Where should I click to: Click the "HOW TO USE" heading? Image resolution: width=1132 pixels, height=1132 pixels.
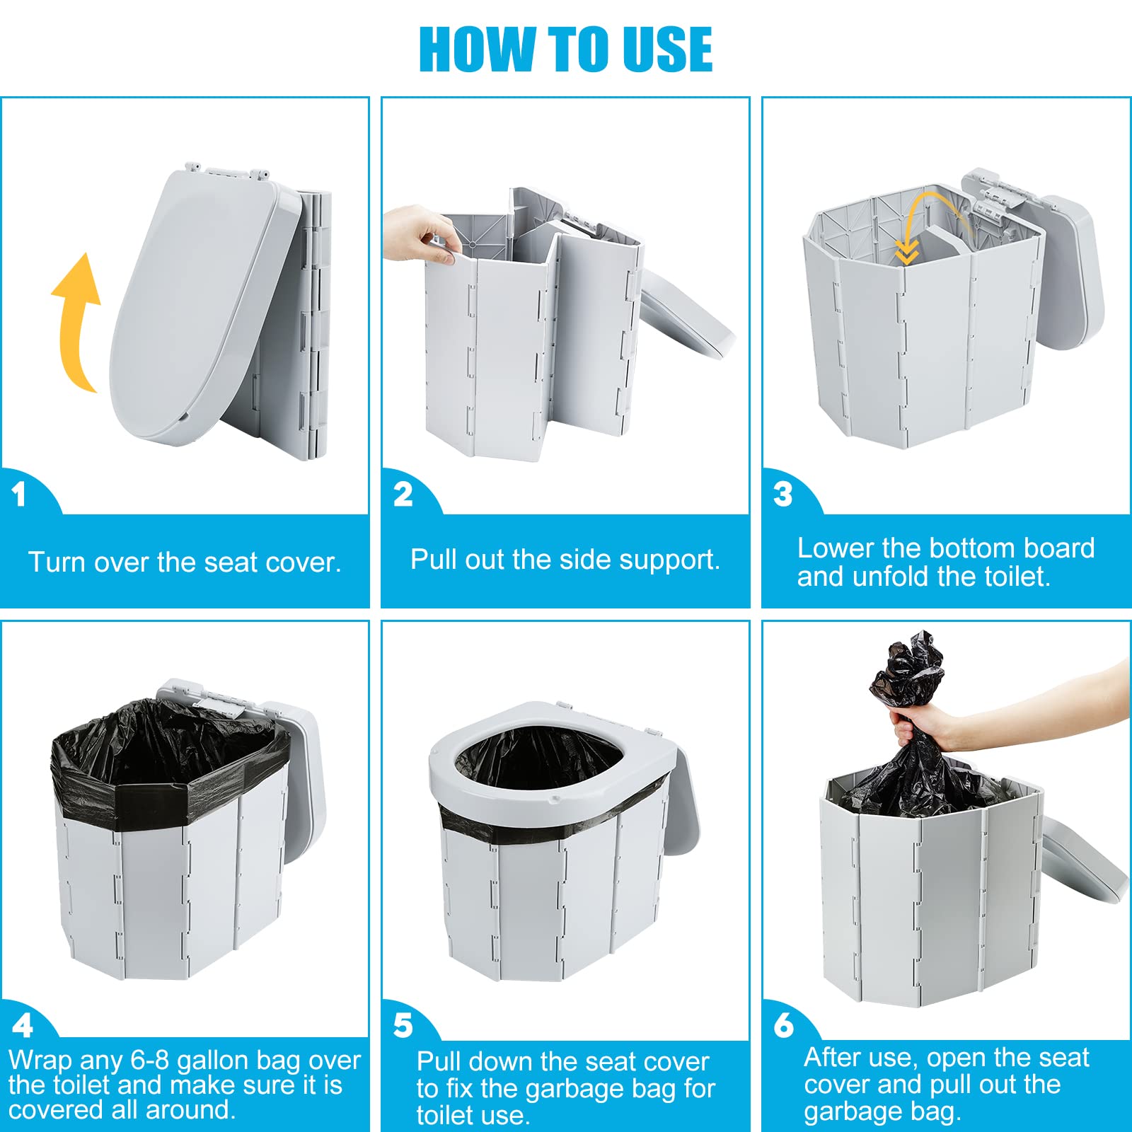[565, 49]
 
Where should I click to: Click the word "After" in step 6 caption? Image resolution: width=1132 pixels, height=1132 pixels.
[834, 1058]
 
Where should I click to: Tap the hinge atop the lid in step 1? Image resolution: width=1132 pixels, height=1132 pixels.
[226, 170]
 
